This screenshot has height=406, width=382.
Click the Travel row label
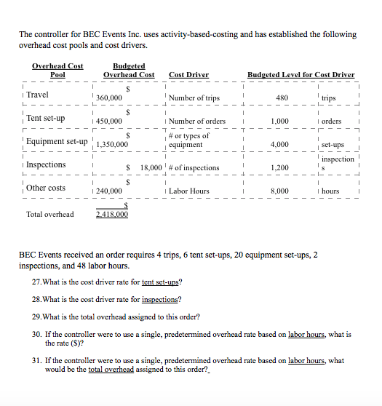[38, 95]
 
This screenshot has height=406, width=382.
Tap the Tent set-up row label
[46, 118]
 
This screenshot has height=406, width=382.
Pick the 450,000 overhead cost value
[109, 122]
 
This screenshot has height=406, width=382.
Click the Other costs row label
[46, 188]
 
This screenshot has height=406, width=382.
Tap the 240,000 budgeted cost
[109, 191]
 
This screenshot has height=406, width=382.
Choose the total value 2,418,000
[112, 215]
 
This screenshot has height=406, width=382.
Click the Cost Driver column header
[188, 74]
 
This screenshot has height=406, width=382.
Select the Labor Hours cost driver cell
[189, 191]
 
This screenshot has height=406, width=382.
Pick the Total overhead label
[49, 214]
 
